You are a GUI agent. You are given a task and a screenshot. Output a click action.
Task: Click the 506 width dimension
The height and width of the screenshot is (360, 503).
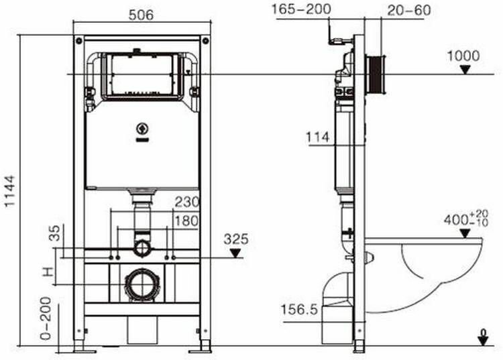pos(141,15)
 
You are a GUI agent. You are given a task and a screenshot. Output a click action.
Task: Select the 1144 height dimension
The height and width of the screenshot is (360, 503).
pos(10,191)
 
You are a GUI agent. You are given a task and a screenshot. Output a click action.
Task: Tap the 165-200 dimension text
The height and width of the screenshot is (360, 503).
pos(301,9)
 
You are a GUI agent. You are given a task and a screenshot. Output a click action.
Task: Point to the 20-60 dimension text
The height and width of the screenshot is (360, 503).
pos(408,10)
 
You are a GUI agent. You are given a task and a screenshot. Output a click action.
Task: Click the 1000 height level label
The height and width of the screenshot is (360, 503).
pos(463,56)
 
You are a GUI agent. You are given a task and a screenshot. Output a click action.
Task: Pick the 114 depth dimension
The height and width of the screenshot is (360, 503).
pos(318,137)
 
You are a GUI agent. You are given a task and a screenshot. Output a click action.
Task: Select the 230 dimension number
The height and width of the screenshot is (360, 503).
pos(187,202)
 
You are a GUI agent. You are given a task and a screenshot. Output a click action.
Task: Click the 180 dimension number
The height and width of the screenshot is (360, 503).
pos(186,221)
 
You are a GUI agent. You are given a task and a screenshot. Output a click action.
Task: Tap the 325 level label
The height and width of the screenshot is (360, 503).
pos(236,239)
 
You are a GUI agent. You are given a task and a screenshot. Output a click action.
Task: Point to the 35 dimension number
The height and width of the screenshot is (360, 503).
pos(55,233)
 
